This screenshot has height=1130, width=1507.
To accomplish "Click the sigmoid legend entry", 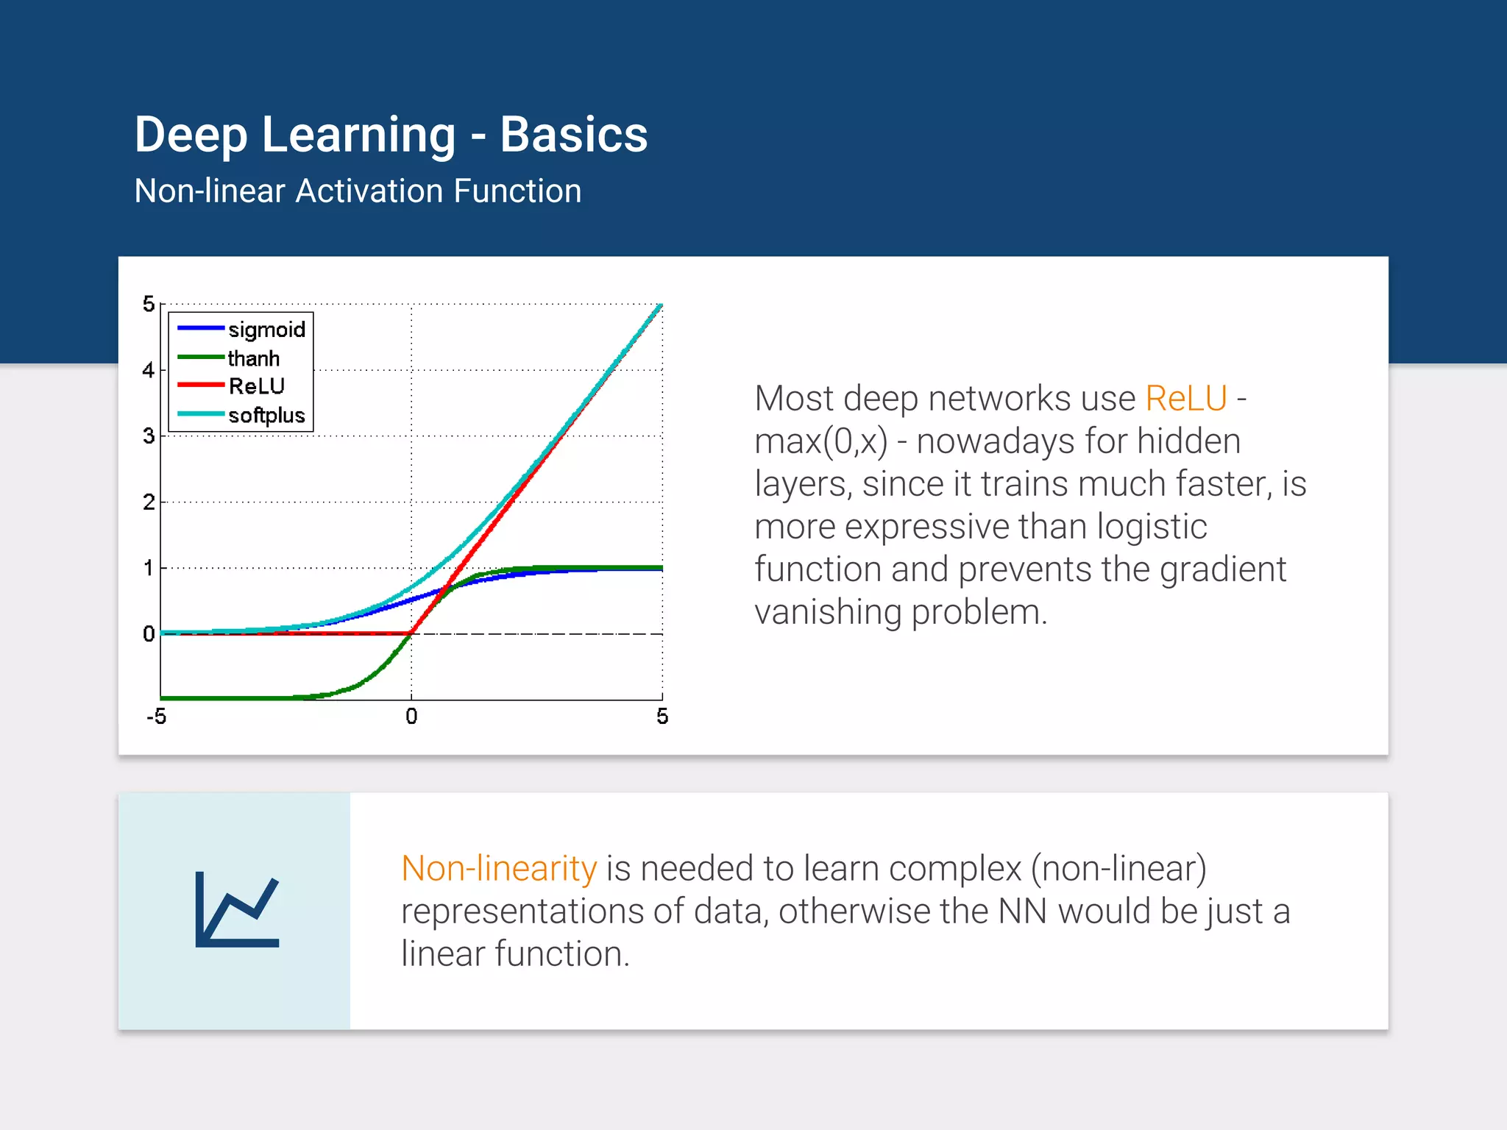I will pyautogui.click(x=266, y=329).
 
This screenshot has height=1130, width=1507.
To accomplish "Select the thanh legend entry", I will pyautogui.click(x=253, y=358).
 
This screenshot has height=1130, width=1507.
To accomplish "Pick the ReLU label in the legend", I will pyautogui.click(x=256, y=386).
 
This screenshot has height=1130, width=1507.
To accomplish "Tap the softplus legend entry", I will pyautogui.click(x=266, y=415).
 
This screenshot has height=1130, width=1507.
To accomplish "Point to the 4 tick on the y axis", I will pyautogui.click(x=149, y=370).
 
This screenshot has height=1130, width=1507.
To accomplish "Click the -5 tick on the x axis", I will pyautogui.click(x=157, y=717).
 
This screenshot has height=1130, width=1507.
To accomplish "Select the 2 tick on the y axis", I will pyautogui.click(x=149, y=502).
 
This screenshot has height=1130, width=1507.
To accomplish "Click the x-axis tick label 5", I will pyautogui.click(x=662, y=717).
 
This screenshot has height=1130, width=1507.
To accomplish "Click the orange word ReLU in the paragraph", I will pyautogui.click(x=1185, y=399).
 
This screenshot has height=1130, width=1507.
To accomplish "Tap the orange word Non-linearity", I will pyautogui.click(x=499, y=868).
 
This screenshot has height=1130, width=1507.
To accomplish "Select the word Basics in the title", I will pyautogui.click(x=573, y=135).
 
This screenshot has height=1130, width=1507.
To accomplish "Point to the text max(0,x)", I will pyautogui.click(x=820, y=441).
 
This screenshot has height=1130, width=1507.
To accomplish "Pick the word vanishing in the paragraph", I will pyautogui.click(x=827, y=612).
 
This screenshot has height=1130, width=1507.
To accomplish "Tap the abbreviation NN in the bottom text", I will pyautogui.click(x=1022, y=912).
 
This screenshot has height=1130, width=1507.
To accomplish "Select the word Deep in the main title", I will pyautogui.click(x=191, y=135).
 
